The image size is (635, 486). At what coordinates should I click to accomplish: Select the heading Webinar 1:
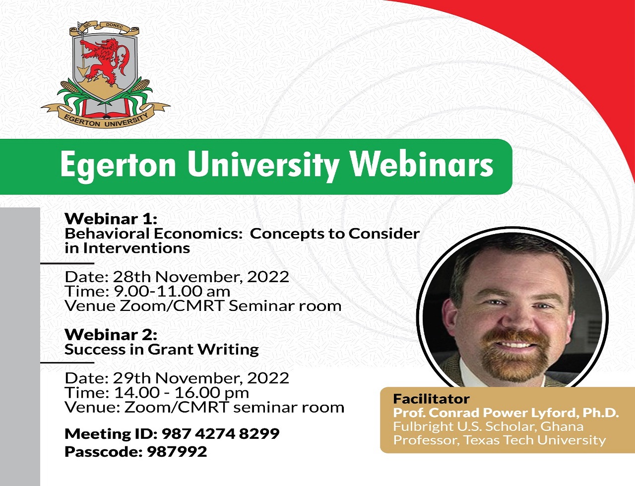coord(111,219)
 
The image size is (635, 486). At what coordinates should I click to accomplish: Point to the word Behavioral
coord(107,234)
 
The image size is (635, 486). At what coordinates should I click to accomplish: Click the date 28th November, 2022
coord(201,277)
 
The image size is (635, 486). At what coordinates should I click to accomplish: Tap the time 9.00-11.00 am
coord(172,291)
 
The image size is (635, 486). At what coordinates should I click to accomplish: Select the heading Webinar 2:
coord(111,334)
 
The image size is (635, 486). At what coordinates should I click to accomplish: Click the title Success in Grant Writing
coord(162,350)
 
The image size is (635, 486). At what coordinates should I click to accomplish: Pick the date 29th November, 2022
coord(201,378)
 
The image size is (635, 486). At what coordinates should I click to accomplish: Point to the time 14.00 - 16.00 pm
coord(181,393)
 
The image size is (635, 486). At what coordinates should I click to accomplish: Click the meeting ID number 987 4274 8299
coord(220,434)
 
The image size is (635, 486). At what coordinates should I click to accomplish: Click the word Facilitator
coord(431,399)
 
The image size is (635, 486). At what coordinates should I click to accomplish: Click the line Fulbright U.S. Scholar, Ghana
coord(488,426)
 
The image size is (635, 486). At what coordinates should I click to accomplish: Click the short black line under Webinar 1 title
coord(67,263)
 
